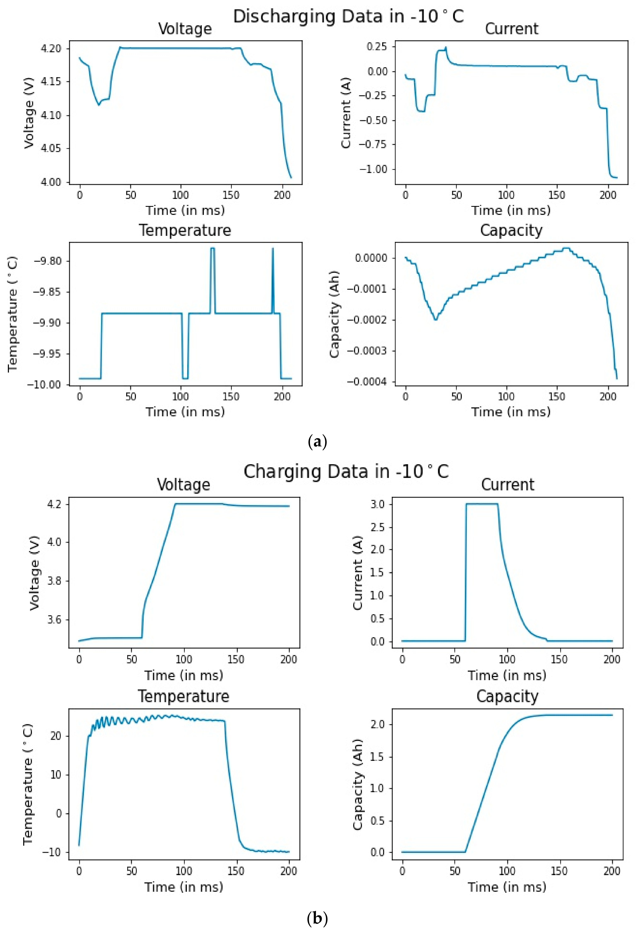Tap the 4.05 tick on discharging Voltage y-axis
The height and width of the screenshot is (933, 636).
51,149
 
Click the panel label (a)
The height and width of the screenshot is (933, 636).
317,442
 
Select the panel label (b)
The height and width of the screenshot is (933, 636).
317,918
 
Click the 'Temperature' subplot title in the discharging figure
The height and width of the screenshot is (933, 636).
185,230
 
